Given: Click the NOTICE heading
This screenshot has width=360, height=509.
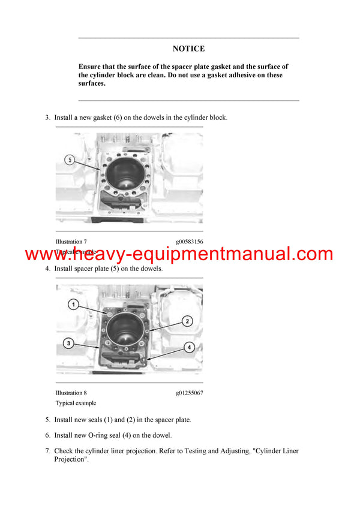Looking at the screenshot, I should coord(188,49).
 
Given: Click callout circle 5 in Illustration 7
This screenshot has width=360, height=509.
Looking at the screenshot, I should coord(70,160).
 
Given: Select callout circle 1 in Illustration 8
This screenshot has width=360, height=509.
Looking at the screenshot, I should coord(71,305).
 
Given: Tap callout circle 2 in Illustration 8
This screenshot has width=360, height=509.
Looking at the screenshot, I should coord(187,321).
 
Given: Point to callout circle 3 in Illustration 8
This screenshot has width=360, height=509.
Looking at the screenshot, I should coord(70,343).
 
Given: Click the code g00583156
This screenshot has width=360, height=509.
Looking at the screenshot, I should coord(189,242).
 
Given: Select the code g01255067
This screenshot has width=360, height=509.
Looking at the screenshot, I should coord(189,393).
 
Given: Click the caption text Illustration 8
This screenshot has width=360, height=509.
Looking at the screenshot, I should coord(71,393).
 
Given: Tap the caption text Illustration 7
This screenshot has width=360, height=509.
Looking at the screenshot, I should coord(71,242).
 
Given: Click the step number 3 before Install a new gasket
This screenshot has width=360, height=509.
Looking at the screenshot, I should coord(47,118).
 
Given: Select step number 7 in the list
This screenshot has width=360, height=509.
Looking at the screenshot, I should coord(47,451).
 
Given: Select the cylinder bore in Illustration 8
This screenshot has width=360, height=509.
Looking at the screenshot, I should coord(127,328).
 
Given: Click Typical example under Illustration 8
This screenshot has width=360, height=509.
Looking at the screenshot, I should coord(76,403).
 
